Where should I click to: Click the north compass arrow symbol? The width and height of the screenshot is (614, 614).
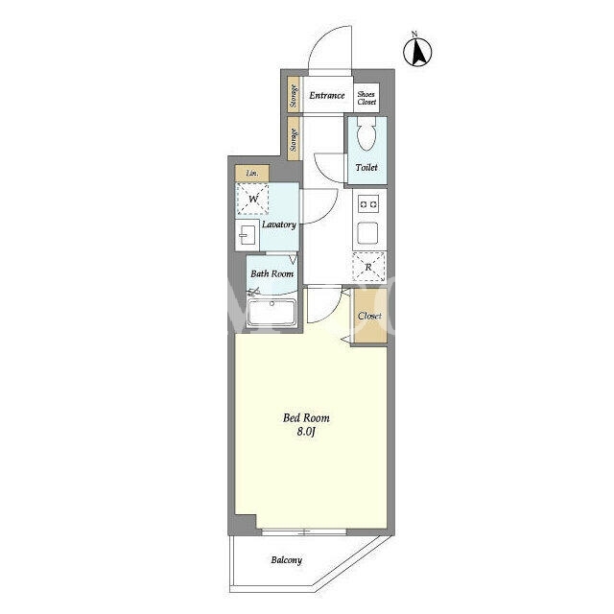(417, 50)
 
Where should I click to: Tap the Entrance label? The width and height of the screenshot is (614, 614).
(327, 96)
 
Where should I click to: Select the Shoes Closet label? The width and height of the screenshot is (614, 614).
(366, 98)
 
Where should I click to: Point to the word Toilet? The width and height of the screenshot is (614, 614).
(366, 168)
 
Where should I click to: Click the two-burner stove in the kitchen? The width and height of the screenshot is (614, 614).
(368, 204)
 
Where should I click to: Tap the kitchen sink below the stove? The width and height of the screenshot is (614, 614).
(367, 233)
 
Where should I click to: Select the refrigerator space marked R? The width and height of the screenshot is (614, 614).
(368, 267)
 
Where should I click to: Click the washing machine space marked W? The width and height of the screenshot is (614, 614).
(252, 199)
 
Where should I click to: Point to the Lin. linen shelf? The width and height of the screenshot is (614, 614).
(252, 173)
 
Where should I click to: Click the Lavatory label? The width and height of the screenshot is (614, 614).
(279, 224)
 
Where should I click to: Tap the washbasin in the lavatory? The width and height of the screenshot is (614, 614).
(248, 235)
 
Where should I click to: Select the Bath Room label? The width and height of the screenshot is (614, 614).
(272, 273)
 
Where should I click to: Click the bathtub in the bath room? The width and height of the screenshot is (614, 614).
(272, 312)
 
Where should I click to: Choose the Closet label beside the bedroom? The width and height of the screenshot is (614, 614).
(369, 316)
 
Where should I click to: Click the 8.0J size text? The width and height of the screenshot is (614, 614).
(306, 432)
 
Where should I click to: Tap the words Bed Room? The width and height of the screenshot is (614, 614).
(306, 418)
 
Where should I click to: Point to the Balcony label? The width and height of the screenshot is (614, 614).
(287, 560)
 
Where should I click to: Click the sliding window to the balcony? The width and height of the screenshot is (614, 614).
(304, 531)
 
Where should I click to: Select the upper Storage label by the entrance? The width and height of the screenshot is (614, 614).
(294, 96)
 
